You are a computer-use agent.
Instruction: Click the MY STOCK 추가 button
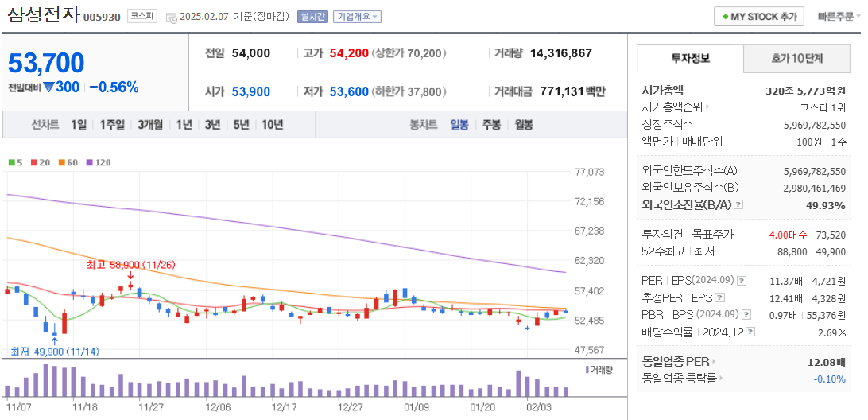[x=758, y=16]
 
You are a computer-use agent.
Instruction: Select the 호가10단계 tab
[x=796, y=59]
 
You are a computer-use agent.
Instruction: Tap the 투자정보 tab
[x=690, y=59]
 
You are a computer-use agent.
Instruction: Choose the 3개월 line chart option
[x=149, y=125]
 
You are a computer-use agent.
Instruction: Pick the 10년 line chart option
[x=272, y=125]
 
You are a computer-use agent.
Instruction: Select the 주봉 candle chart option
[x=491, y=125]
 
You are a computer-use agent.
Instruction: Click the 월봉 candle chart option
[x=523, y=125]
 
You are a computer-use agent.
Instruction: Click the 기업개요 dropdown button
[x=357, y=17]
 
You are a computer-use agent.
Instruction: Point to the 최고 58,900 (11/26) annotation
[x=130, y=263]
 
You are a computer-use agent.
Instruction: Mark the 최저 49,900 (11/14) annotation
[x=49, y=352]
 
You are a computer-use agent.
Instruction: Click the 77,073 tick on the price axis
[x=589, y=172]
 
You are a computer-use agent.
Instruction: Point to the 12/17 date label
[x=284, y=406]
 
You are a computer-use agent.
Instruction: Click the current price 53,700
[x=46, y=63]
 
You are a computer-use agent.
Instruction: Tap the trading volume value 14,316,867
[x=560, y=53]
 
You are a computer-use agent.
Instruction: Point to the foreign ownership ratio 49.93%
[x=826, y=205]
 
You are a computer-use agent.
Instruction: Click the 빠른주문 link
[x=835, y=17]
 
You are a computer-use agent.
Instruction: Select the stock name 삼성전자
[x=43, y=15]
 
